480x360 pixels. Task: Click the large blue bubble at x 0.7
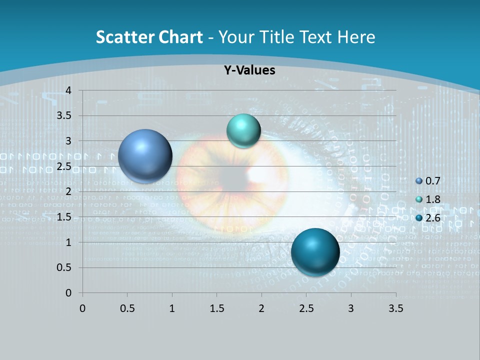pos(145,156)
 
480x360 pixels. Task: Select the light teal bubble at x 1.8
pos(243,131)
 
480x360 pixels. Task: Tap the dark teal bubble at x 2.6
pos(315,252)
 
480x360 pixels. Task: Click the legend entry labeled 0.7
pos(428,181)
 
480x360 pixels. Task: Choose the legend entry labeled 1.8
pos(428,199)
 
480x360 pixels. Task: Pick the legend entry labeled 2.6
pos(428,217)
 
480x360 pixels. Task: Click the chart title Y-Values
pos(249,70)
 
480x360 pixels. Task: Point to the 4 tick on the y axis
pos(68,90)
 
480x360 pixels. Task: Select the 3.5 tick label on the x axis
pos(395,308)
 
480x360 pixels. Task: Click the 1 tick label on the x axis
pos(172,308)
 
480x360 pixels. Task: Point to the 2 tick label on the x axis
pos(261,308)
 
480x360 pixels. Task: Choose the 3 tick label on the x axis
pos(351,308)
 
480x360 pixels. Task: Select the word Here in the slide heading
pos(356,37)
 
